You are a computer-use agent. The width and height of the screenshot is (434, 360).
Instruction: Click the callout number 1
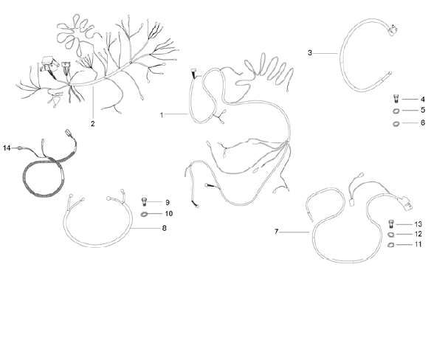click(162, 115)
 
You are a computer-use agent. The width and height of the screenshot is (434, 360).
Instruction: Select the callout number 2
click(93, 124)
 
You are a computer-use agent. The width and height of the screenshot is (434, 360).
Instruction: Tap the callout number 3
click(310, 52)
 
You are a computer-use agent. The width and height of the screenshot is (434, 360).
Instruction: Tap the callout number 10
click(168, 214)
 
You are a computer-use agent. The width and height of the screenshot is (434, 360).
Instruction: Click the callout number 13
click(418, 224)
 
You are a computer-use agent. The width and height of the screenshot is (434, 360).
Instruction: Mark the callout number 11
click(418, 244)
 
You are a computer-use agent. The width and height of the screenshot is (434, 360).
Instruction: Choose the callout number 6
click(423, 122)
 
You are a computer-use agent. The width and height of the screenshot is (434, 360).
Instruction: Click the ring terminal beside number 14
click(20, 148)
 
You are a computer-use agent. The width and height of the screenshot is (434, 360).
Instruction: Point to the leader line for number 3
click(325, 53)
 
